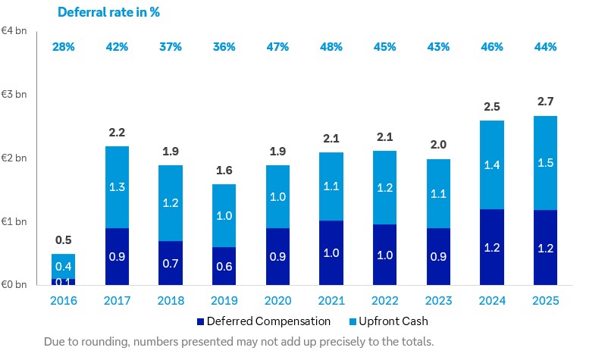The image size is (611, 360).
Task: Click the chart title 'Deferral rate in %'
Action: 109,12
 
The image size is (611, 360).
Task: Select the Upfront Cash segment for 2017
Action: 117,187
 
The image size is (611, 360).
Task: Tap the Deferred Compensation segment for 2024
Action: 491,247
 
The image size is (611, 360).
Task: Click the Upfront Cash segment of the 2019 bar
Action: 224,215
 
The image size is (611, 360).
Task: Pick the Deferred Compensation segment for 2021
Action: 331,253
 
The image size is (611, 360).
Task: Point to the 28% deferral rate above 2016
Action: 63,47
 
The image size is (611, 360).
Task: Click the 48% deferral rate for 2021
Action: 331,47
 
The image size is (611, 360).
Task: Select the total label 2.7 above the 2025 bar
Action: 545,101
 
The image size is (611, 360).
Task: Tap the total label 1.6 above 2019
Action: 224,170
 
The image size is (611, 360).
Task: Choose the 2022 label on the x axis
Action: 384,301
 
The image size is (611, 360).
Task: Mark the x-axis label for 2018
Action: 171,301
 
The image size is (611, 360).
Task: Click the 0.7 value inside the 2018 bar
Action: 171,263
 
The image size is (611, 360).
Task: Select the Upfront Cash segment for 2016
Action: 63,266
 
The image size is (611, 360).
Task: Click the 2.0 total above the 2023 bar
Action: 437,145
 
